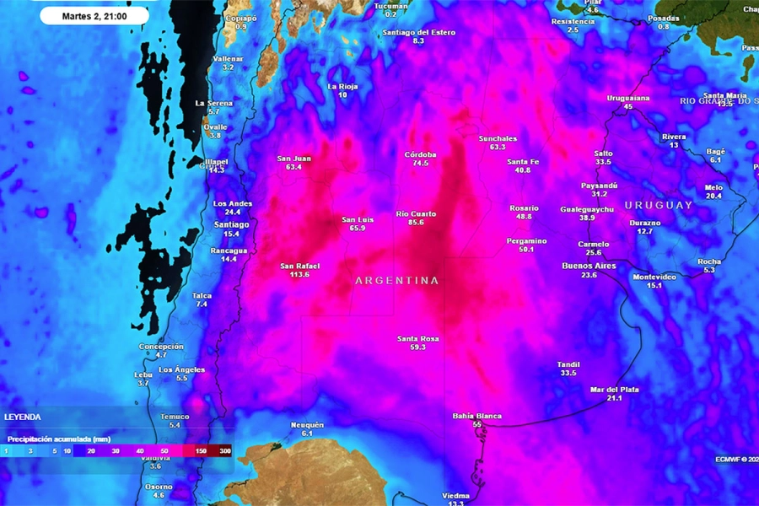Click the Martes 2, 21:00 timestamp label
click(x=94, y=15)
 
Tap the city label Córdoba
click(x=420, y=154)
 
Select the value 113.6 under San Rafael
click(x=299, y=274)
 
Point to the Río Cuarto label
click(x=417, y=214)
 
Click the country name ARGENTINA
click(x=397, y=281)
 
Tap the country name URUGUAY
click(x=659, y=205)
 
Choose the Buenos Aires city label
click(x=589, y=266)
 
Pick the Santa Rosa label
click(x=418, y=338)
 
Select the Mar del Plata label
click(x=614, y=390)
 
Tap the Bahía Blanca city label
click(x=477, y=416)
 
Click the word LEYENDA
click(x=22, y=417)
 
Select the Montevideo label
click(x=654, y=277)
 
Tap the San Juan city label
click(x=293, y=159)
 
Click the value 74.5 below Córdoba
click(x=420, y=164)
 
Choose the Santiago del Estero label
click(x=419, y=32)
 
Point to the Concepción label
click(x=161, y=347)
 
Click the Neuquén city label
click(x=307, y=424)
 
